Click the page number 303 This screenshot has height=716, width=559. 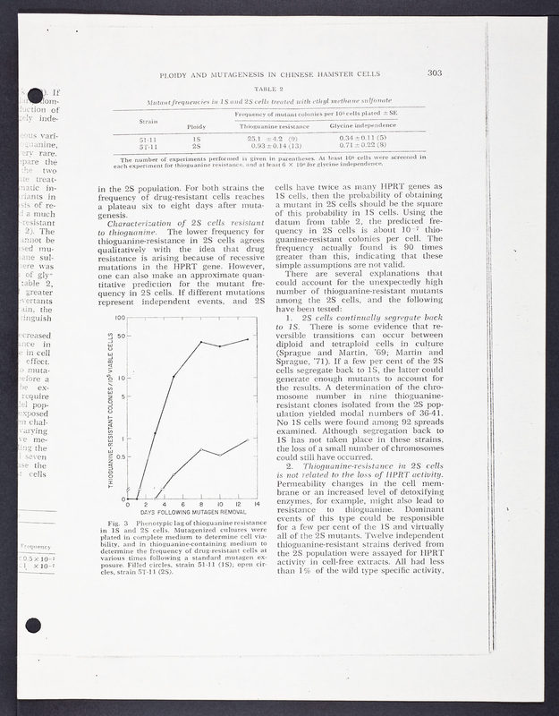point(436,73)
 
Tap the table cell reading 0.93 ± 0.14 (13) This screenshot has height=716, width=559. point(272,146)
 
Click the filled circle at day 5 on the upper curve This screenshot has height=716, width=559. point(174,377)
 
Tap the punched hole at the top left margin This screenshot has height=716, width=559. point(30,95)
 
